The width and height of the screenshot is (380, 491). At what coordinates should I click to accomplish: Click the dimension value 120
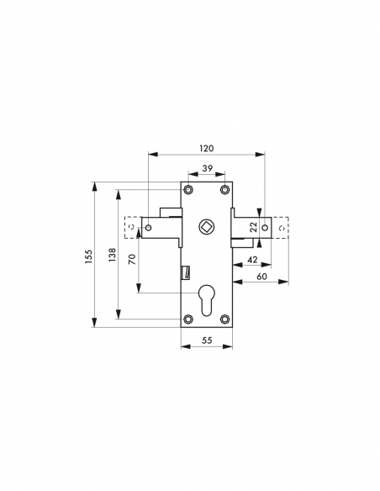[207, 147]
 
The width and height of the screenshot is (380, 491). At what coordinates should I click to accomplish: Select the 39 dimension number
[207, 169]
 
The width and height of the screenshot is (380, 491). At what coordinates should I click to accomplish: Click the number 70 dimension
[132, 260]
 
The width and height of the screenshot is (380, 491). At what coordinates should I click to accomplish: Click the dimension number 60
[261, 277]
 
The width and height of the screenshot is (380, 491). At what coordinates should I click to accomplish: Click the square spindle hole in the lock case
[207, 227]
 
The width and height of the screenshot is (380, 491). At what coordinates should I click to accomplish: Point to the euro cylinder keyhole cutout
[207, 298]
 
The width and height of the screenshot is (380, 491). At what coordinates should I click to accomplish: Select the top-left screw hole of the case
[188, 190]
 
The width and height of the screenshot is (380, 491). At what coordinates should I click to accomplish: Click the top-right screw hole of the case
[224, 190]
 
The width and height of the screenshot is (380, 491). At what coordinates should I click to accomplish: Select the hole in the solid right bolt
[264, 226]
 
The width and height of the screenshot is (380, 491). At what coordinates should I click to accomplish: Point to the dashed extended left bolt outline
[131, 227]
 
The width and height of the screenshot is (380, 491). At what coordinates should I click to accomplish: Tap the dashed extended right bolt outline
[282, 227]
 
